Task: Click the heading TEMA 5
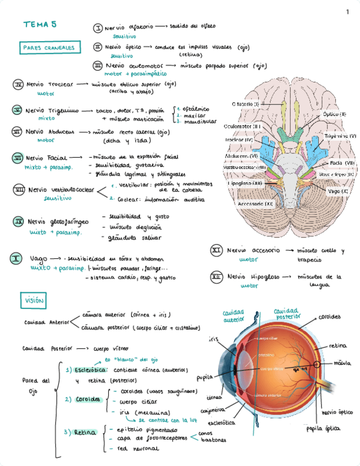(40, 24)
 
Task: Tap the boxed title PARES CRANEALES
(49, 48)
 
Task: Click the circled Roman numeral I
(98, 27)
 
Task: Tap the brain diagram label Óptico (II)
(334, 114)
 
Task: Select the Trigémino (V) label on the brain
(340, 136)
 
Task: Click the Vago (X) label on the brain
(337, 191)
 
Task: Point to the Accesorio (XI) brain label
(256, 204)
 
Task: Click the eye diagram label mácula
(342, 363)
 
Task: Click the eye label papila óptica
(322, 429)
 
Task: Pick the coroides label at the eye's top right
(329, 317)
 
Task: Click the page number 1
(347, 12)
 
